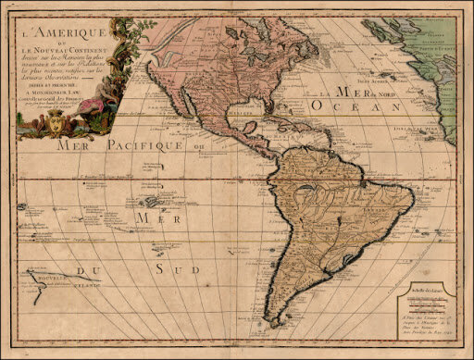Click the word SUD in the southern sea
tap(175, 268)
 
